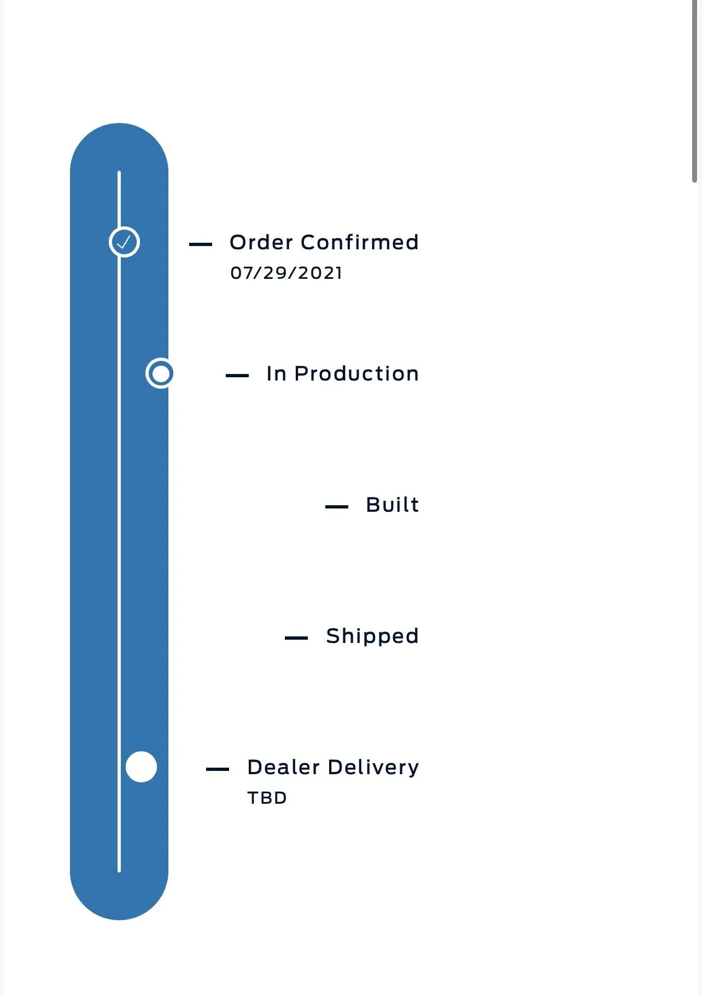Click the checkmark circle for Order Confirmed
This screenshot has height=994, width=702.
coord(124,242)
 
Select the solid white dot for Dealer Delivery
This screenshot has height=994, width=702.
coord(141,767)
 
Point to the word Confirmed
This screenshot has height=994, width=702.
coord(360,242)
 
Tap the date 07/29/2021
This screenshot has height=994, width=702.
coord(286,273)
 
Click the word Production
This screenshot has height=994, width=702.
coord(356,373)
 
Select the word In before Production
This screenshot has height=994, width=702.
coord(277,373)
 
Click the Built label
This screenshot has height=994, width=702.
coord(393,505)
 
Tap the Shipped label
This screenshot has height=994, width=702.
coord(372,636)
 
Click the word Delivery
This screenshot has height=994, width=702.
coord(373,768)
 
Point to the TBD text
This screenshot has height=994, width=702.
coord(267,798)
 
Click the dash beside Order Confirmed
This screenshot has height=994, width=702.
coord(201,244)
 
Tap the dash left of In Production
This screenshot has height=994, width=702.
coord(237,376)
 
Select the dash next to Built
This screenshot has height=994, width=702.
coord(337,507)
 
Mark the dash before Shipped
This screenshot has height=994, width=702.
coord(296,638)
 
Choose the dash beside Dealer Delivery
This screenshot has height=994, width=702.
coord(218,769)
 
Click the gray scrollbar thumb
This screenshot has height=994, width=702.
coord(694,91)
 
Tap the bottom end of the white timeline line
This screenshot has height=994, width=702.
coord(119,872)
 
